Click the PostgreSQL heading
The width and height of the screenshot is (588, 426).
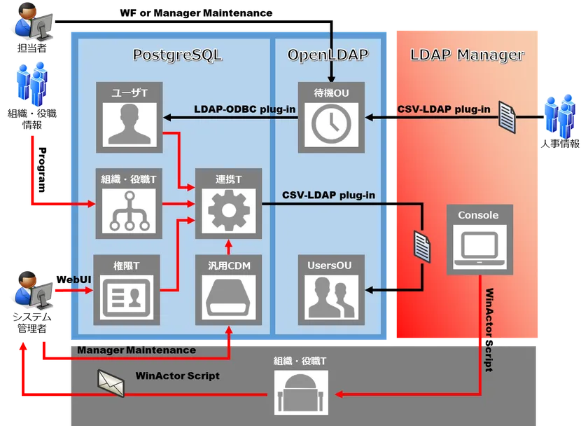(x=177, y=55)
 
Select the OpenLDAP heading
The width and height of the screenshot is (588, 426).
(x=328, y=55)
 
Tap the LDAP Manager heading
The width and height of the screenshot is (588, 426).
(x=467, y=55)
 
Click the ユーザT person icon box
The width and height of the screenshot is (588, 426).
(x=128, y=123)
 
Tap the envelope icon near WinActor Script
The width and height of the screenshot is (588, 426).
(x=111, y=382)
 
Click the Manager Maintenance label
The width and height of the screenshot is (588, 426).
(x=136, y=350)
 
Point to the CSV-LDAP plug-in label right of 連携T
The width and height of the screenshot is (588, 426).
(x=328, y=195)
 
